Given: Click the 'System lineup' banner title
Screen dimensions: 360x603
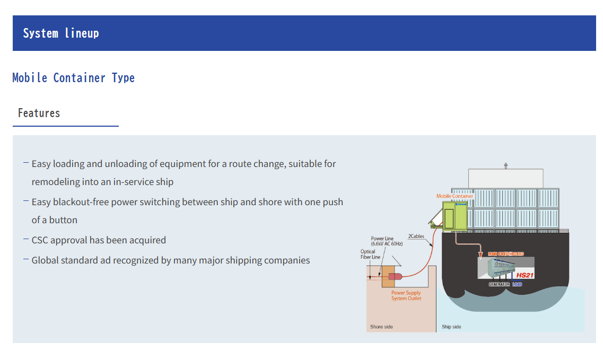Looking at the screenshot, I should click(61, 33).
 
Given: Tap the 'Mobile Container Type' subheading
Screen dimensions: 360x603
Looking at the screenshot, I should click(73, 78).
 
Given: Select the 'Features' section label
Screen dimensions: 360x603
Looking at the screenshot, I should click(39, 113).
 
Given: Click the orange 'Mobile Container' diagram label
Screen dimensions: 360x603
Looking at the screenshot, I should click(455, 196).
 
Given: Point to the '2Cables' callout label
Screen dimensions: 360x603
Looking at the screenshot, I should click(416, 236).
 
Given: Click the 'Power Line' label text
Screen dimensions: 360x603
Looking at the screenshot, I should click(382, 239).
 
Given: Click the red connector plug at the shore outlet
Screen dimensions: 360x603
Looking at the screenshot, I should click(395, 276).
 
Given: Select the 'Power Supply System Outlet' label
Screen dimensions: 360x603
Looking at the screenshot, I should click(406, 296).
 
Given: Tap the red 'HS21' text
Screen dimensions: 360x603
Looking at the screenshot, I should click(525, 276).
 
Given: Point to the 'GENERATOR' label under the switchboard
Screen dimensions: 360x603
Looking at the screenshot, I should click(499, 285).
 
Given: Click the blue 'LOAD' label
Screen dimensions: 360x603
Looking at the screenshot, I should click(517, 285).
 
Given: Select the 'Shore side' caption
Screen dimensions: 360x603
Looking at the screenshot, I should click(381, 327).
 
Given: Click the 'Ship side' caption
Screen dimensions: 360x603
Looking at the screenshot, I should click(451, 327).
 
